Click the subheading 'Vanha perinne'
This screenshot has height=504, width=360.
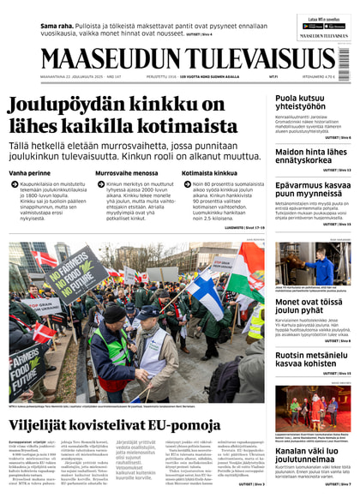pos(30,173)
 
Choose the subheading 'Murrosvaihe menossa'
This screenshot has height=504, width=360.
pos(126,173)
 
